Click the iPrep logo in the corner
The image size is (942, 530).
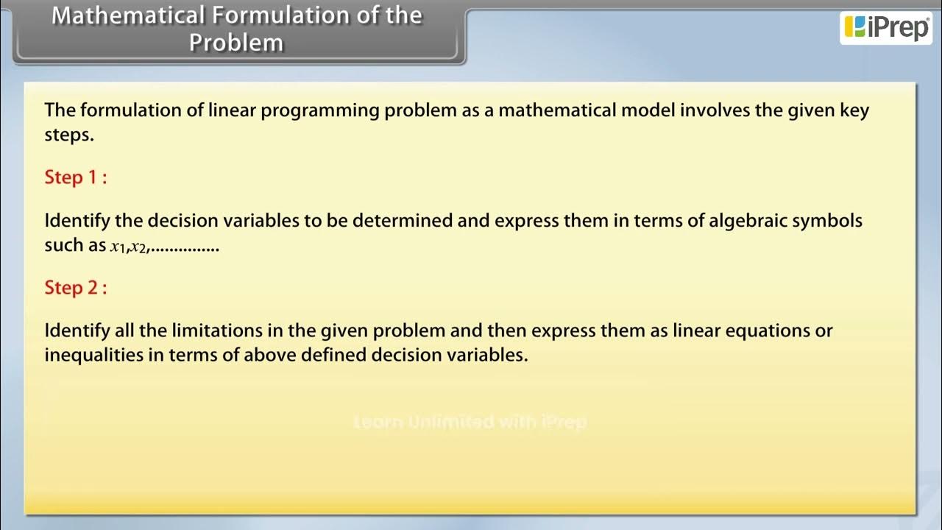coord(886,27)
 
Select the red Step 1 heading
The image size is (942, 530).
coord(75,177)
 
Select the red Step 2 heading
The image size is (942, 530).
coord(75,287)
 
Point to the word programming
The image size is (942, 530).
coord(320,111)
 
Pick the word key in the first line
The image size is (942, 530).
coord(854,111)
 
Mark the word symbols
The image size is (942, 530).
coord(826,222)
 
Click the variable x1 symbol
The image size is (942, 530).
coord(117,247)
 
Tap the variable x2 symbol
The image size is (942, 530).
coord(138,247)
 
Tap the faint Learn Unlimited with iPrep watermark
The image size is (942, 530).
coord(470,422)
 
